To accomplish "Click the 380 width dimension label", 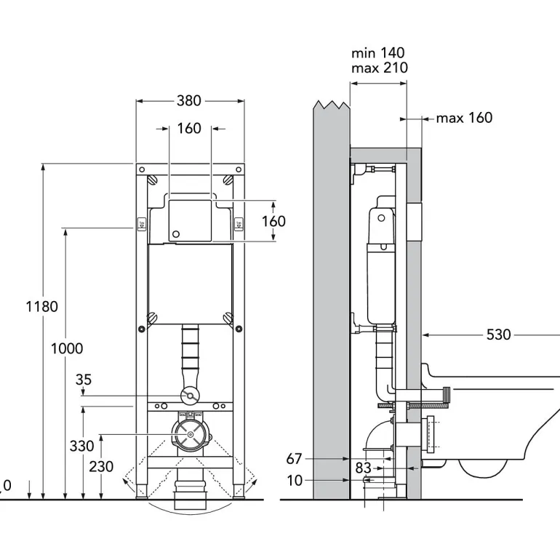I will click(x=189, y=100).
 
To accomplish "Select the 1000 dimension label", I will click(x=67, y=348).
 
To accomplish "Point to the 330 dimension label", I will click(x=82, y=445).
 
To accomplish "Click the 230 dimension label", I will click(x=100, y=467).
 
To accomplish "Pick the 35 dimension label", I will click(x=84, y=380).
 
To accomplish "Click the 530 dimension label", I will click(x=499, y=335).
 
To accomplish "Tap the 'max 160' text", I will click(x=464, y=118).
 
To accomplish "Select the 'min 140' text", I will click(x=378, y=53).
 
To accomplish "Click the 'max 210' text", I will click(x=379, y=68).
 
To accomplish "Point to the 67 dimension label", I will click(x=294, y=459).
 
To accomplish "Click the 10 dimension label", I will click(x=294, y=480).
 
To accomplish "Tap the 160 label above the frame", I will click(x=189, y=129).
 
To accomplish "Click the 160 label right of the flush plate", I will click(x=273, y=220).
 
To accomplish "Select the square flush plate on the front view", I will click(x=189, y=221).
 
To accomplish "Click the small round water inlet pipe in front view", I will click(x=190, y=396).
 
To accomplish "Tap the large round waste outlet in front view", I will click(x=190, y=436).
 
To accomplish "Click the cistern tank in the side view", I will click(x=380, y=265).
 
